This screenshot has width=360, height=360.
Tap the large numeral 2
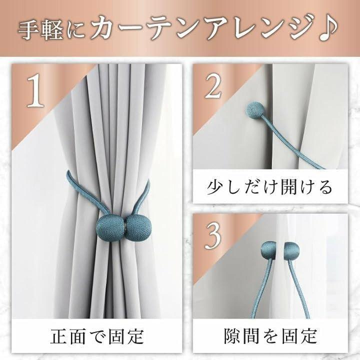pyautogui.click(x=213, y=86)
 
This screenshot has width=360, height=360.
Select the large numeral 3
pyautogui.click(x=213, y=236)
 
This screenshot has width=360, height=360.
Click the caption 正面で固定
pyautogui.click(x=97, y=337)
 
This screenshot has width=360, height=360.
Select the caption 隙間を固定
pyautogui.click(x=270, y=336)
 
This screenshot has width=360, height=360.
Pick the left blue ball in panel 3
pyautogui.click(x=268, y=250)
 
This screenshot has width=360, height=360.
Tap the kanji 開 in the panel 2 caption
pyautogui.click(x=284, y=186)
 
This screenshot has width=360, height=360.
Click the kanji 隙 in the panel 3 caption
pyautogui.click(x=233, y=336)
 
